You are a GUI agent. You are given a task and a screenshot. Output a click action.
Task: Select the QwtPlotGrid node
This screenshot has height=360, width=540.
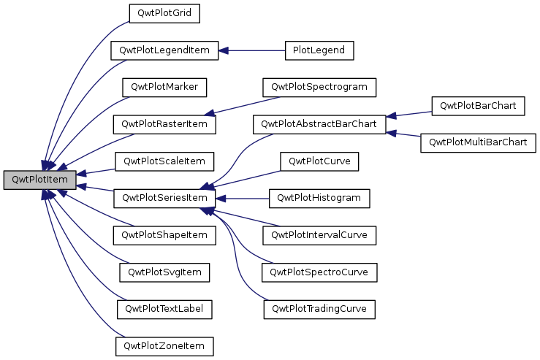point(164,13)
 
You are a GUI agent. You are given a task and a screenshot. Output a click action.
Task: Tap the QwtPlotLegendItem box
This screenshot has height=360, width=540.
point(164,50)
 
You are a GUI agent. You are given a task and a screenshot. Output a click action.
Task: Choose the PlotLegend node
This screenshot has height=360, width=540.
point(319,50)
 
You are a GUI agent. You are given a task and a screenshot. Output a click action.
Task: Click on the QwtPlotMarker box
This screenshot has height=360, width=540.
point(164,87)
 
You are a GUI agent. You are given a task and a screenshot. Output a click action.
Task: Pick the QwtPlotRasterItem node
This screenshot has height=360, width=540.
point(164,124)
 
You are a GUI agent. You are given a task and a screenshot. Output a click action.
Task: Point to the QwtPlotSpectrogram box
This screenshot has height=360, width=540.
point(319,87)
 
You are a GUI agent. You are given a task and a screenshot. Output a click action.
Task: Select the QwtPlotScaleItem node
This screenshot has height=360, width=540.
point(164,161)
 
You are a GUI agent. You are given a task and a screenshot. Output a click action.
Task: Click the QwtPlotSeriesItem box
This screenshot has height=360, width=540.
point(164,198)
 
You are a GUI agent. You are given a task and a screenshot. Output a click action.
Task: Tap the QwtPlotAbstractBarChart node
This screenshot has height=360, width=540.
point(319,124)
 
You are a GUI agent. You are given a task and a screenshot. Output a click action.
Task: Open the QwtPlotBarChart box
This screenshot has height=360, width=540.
point(479,105)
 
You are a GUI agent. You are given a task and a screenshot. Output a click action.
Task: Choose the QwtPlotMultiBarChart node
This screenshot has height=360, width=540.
point(479,142)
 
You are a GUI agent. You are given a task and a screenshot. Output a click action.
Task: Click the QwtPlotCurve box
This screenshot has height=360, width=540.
point(319,161)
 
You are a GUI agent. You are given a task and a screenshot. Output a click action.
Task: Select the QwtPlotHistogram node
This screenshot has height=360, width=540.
point(319,198)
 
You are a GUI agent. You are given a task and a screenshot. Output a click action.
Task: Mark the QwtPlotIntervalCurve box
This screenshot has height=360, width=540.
point(319,235)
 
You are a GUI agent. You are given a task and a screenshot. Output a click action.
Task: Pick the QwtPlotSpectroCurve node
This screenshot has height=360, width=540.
point(319,272)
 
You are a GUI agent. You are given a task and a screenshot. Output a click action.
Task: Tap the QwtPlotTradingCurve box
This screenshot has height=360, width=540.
point(319,309)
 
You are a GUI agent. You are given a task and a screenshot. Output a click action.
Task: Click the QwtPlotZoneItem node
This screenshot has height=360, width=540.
point(164,345)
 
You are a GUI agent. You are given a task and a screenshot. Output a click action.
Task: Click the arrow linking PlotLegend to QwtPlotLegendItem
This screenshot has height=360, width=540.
point(252,50)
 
